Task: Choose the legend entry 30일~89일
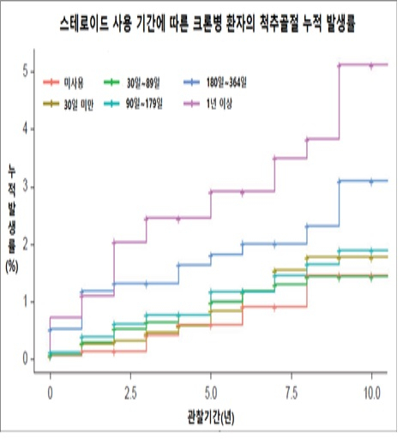point(141,83)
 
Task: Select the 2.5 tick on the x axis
point(130,390)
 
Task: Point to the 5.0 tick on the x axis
point(211,390)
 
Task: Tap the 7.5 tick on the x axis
point(292,390)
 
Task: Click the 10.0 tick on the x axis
point(371,390)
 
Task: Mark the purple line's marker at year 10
point(371,64)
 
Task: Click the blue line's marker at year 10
point(371,181)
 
